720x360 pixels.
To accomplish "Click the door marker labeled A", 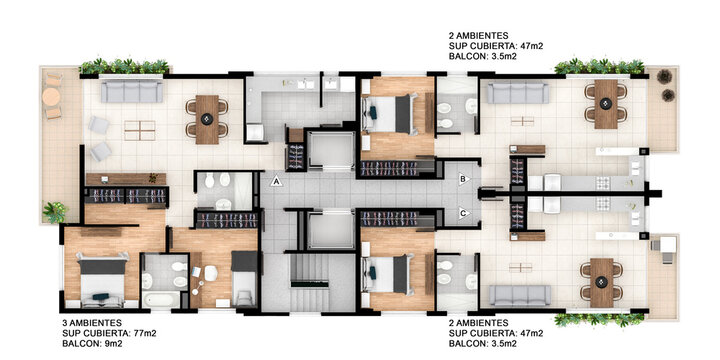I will [276, 182].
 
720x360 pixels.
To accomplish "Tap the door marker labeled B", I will [462, 180].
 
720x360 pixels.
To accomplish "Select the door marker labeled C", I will [462, 212].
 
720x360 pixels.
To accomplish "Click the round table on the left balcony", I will [52, 97].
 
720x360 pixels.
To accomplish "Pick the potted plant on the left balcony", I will [53, 212].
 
